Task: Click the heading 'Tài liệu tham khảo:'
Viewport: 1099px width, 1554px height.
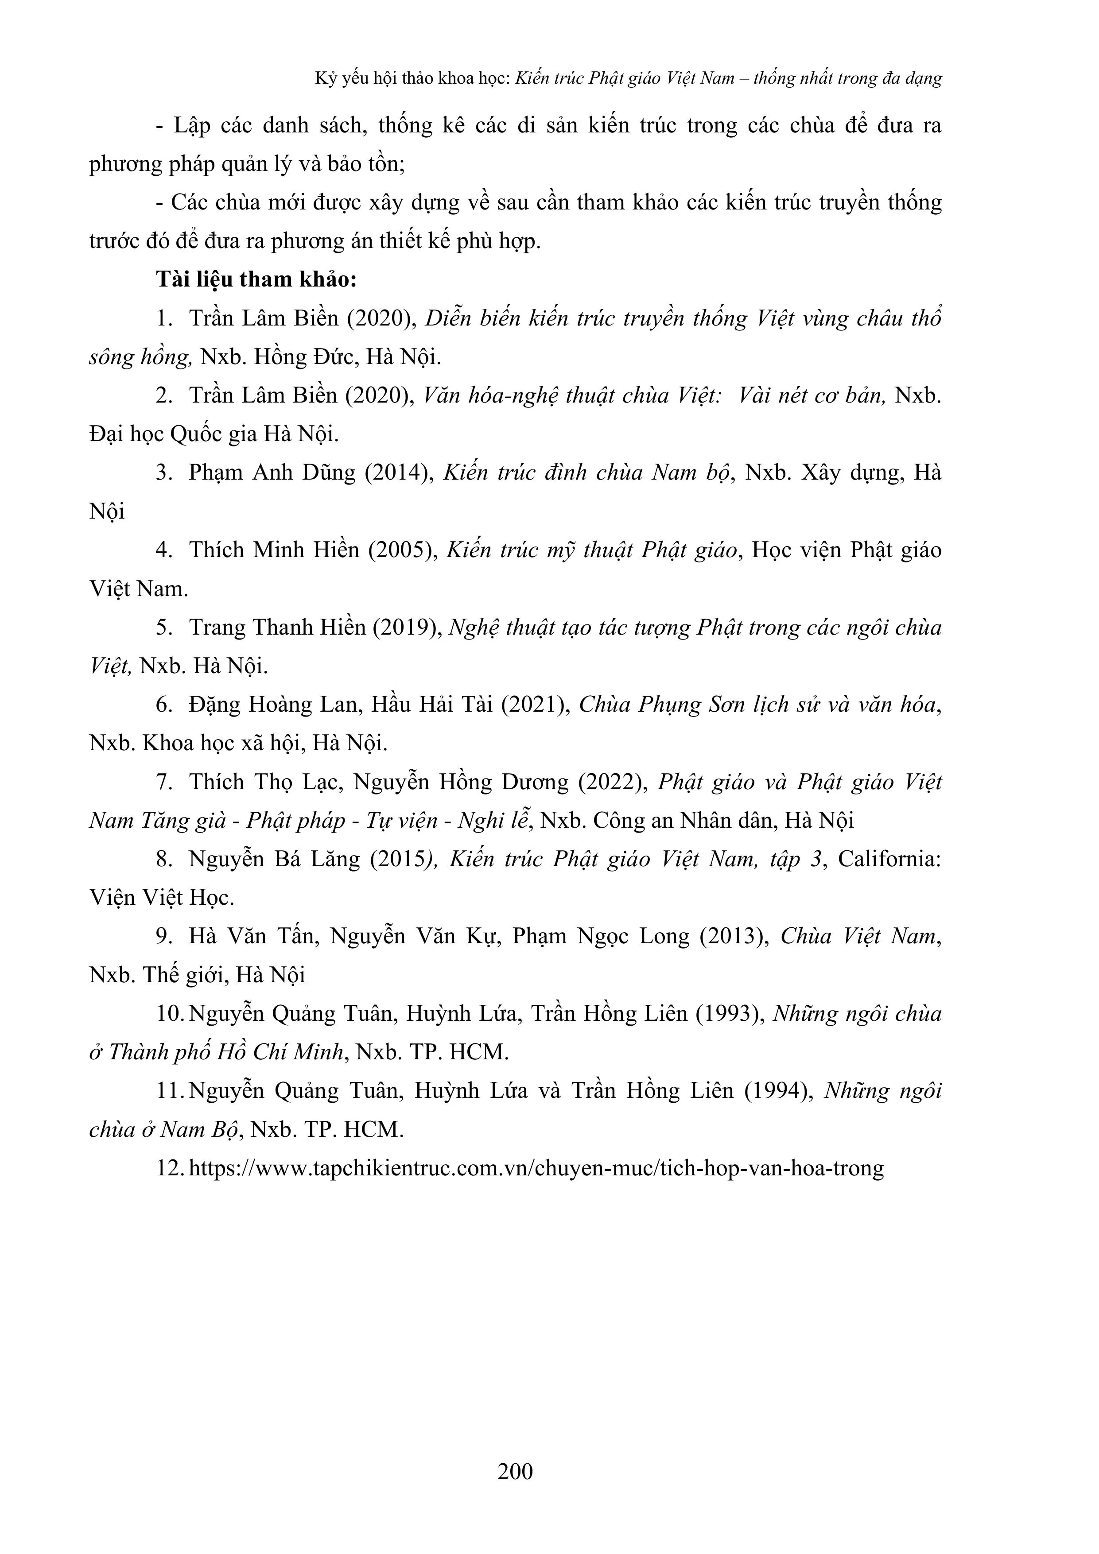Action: click(256, 279)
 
